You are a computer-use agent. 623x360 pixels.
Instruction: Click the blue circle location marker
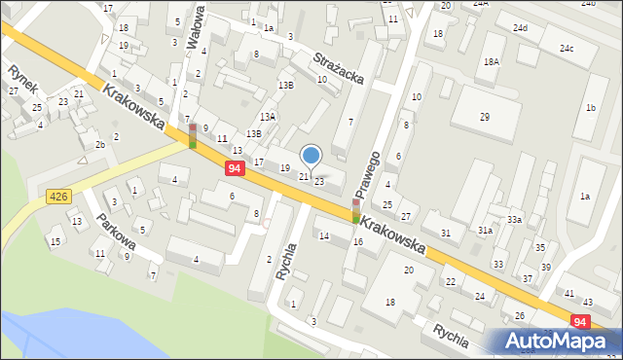coord(311,155)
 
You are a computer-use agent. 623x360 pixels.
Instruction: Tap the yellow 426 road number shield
coord(58,198)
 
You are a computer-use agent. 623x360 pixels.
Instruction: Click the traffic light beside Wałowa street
coord(193,136)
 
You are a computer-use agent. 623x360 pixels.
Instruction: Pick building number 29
coord(485,117)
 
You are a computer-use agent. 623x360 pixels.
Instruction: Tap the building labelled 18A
coord(492,61)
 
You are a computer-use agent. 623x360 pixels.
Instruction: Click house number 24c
coord(566,49)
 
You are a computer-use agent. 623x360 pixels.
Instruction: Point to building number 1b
coord(590,108)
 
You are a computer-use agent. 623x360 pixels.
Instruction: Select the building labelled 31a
coord(484,230)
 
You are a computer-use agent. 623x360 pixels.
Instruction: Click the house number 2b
coord(99,145)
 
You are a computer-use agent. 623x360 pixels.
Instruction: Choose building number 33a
coord(514,220)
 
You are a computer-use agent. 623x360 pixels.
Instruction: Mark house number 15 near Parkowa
coord(55,241)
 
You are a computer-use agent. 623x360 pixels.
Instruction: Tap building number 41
coord(568,293)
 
